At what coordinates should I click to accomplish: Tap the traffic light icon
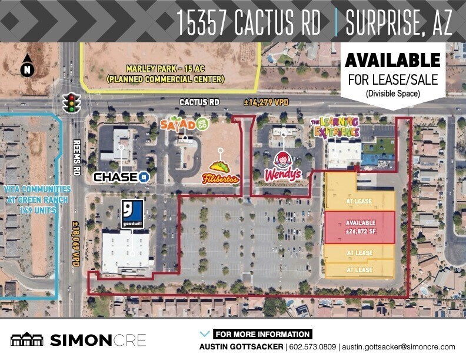(x=71, y=102)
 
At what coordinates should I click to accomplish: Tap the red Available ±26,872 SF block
(x=360, y=226)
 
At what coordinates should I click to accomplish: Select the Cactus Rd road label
(x=199, y=102)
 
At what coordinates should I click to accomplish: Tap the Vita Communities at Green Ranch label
(x=37, y=199)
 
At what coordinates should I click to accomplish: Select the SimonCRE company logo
(x=78, y=340)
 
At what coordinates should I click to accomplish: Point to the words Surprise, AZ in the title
(x=399, y=22)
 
